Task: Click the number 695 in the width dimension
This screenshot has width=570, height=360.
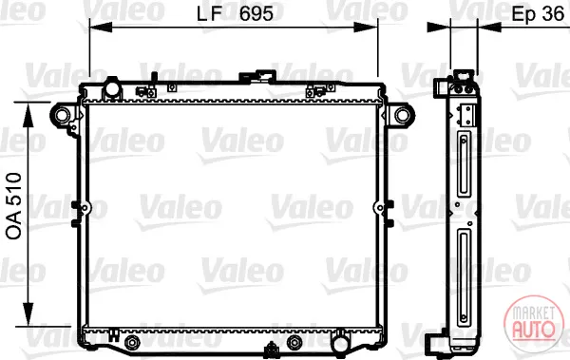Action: (x=256, y=14)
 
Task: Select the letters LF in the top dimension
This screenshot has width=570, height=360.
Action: (x=209, y=14)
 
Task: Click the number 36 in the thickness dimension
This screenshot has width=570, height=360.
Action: (x=553, y=14)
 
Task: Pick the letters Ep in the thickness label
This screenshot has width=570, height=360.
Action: (x=523, y=14)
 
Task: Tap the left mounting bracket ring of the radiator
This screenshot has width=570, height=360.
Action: (x=62, y=115)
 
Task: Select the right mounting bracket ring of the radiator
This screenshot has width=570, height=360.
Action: (x=403, y=115)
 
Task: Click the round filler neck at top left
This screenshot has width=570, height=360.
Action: (x=112, y=88)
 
